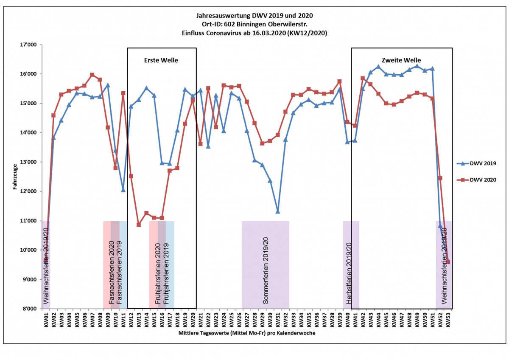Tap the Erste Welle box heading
click(162, 60)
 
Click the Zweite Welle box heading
click(401, 60)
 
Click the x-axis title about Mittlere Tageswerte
click(247, 334)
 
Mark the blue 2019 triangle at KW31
click(278, 211)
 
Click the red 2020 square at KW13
click(138, 225)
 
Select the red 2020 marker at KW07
click(92, 75)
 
